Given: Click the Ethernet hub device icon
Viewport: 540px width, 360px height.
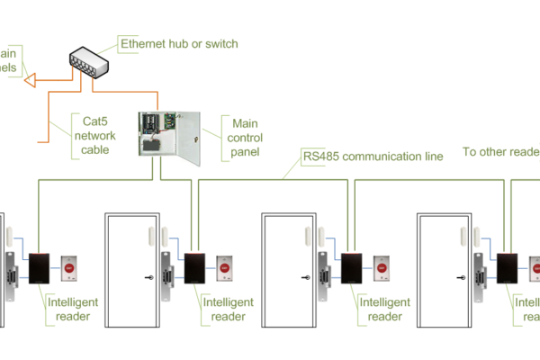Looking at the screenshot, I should [x=87, y=62].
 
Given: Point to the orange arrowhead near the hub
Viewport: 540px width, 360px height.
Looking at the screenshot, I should [x=29, y=80].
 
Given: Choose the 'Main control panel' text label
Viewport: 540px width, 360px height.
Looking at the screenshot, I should [x=246, y=137].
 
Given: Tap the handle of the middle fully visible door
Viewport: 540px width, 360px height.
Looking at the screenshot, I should [x=303, y=276].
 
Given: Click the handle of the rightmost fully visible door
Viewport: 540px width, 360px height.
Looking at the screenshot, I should [x=460, y=276].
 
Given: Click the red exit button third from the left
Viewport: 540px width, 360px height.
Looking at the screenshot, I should [x=383, y=267].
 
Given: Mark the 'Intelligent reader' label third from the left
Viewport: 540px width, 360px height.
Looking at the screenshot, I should [x=384, y=309].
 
